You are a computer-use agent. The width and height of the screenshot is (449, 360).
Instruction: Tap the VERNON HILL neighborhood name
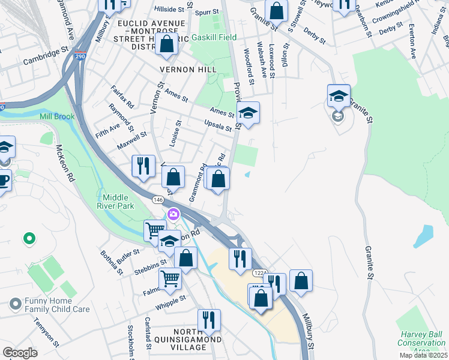pos(187,70)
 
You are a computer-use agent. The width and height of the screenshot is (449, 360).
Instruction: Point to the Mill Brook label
pos(57,116)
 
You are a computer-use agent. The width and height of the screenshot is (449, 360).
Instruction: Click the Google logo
pos(20,353)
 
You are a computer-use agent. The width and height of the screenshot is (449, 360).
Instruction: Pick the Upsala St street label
pos(217,127)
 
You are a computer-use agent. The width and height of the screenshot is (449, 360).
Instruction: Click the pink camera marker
pos(173,214)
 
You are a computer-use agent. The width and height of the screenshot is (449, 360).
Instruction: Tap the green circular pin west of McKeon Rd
pos(28,239)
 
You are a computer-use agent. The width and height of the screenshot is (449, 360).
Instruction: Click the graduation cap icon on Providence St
pos(247,112)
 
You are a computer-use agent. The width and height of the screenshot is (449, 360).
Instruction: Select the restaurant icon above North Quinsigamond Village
pos(209,319)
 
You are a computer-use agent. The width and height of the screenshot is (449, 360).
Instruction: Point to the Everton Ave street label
pos(412,41)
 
